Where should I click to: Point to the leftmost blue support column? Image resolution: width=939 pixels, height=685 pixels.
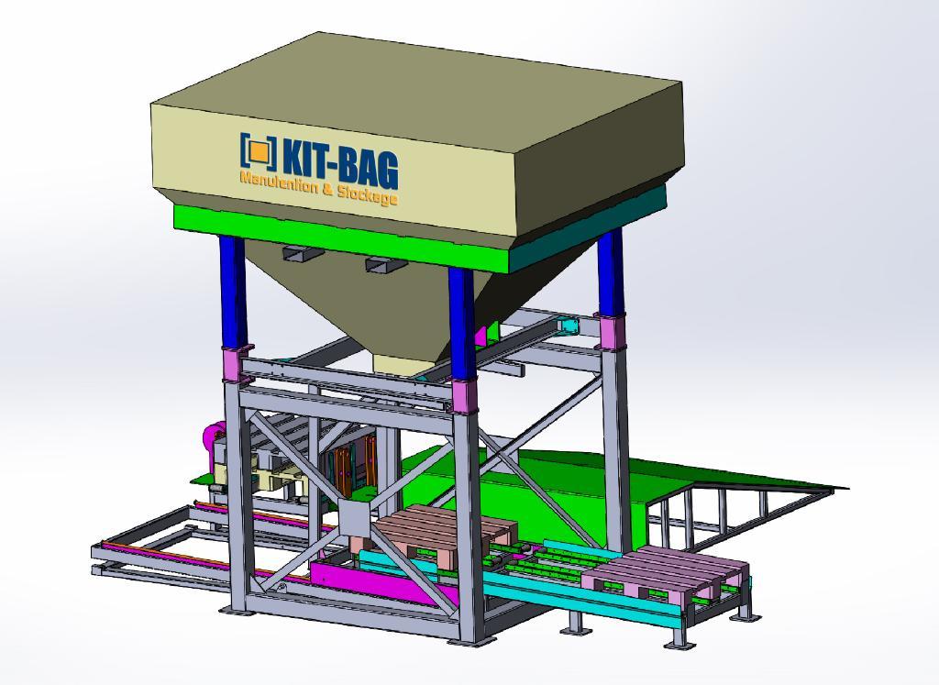[x=233, y=292]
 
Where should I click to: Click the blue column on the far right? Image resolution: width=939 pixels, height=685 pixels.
[x=610, y=271]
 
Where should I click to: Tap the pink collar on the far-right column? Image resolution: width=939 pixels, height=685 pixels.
[x=610, y=332]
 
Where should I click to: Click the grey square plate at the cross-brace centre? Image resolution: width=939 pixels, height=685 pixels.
[x=355, y=518]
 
